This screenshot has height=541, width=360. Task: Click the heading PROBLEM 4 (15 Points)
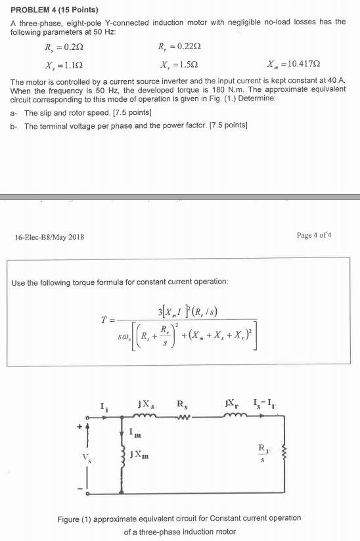(x=55, y=11)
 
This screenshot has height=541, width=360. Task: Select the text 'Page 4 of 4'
(x=315, y=236)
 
